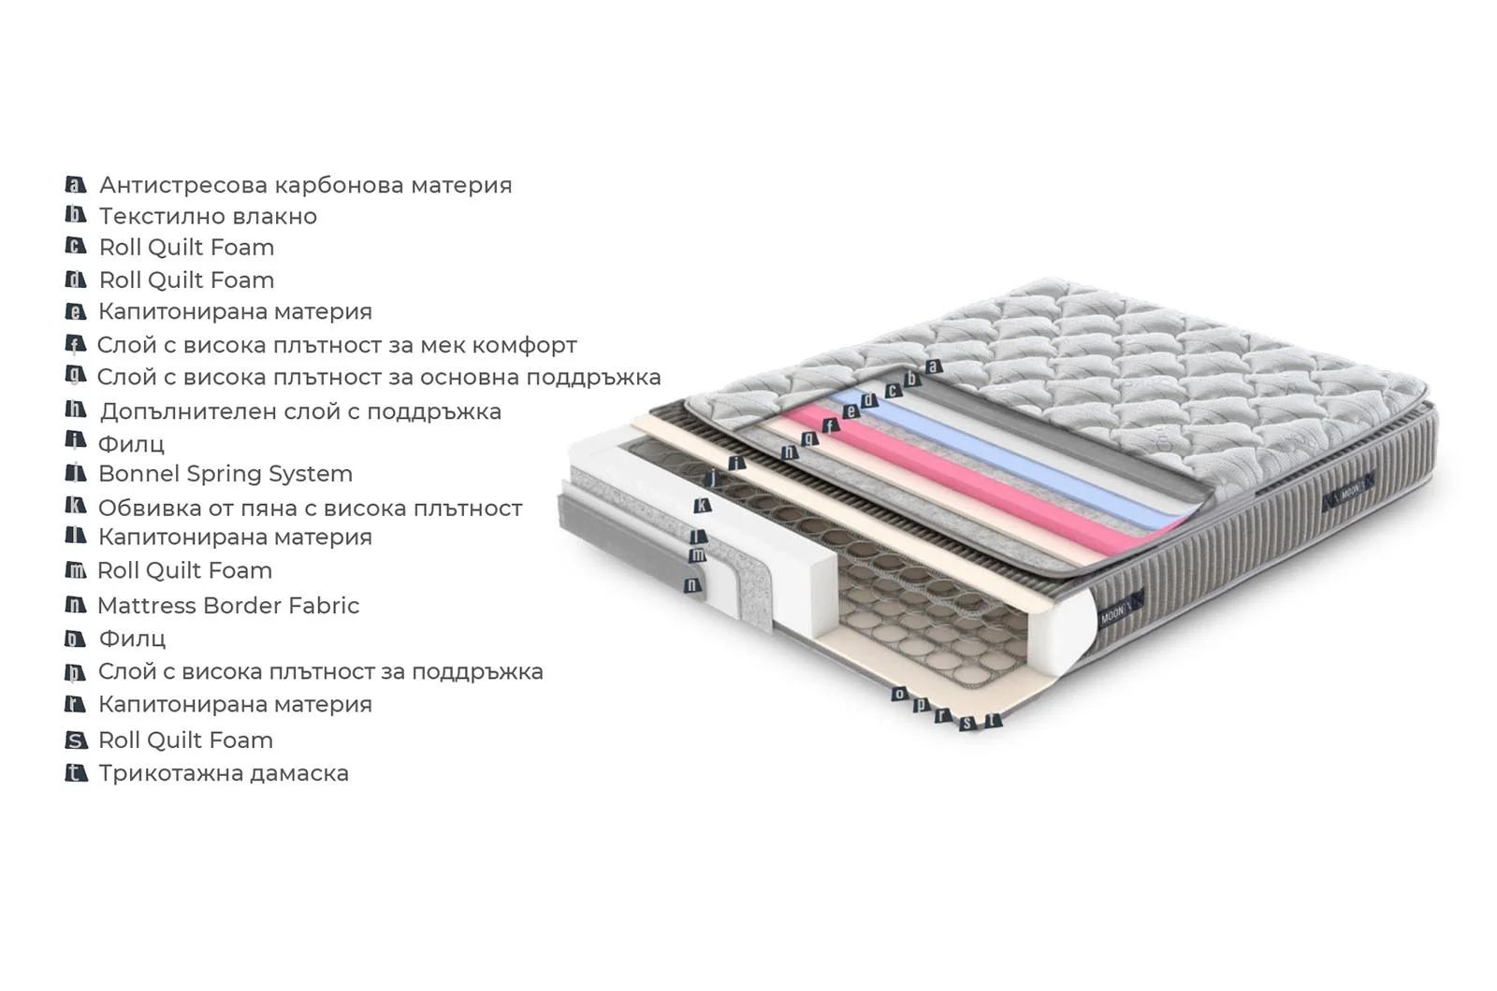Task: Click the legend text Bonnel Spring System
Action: [x=225, y=473]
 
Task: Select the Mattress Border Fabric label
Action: [x=228, y=606]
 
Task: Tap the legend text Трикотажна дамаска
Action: [x=224, y=773]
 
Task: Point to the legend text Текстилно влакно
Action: [x=208, y=216]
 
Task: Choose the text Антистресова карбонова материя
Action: [x=305, y=185]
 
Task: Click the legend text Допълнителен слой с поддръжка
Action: [x=300, y=411]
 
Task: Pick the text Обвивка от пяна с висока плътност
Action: [x=310, y=509]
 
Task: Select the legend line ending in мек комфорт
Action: [x=337, y=345]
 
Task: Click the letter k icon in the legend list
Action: [x=76, y=506]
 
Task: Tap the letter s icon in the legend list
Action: [x=76, y=740]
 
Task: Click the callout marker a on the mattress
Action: [x=934, y=366]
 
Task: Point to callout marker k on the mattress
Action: [x=702, y=506]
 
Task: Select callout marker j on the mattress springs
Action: [x=713, y=478]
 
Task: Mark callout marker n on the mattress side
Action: [x=692, y=585]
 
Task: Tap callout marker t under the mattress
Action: [x=994, y=720]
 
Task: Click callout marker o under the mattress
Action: [x=899, y=694]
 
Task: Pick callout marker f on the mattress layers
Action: [x=830, y=425]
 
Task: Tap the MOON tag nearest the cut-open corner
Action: [x=1121, y=609]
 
